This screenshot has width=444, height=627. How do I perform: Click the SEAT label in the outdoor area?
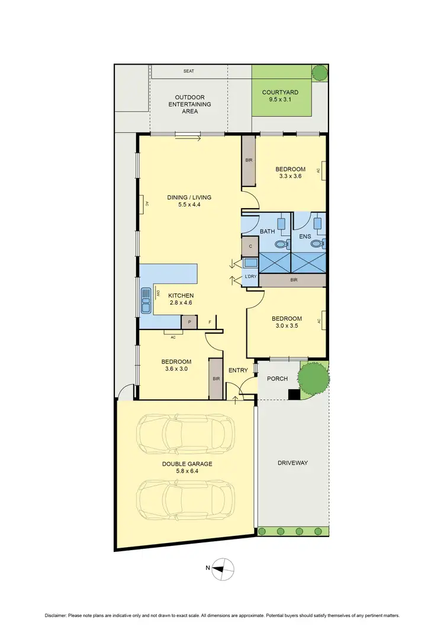point(189,71)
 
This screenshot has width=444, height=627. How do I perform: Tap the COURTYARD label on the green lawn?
point(281,92)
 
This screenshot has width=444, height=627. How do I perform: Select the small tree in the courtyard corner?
point(320,73)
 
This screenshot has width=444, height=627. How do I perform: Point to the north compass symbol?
point(223,568)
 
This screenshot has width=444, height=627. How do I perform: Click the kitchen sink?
point(145,300)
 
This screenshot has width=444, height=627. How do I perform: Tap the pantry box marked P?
point(189,322)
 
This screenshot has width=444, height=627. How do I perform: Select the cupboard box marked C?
point(250,246)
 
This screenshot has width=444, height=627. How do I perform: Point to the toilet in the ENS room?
point(316,242)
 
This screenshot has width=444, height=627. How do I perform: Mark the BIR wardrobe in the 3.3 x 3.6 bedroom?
point(249,160)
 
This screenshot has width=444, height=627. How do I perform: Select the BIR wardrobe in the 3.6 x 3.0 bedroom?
point(215,379)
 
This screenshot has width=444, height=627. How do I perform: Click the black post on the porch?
point(293,395)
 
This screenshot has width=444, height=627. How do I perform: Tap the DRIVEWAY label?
point(292,463)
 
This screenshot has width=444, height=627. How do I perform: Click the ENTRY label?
point(238,371)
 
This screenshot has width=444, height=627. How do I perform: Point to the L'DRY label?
point(250,277)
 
